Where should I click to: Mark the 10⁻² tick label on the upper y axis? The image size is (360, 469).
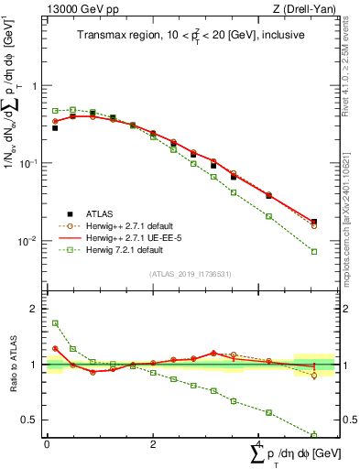27,242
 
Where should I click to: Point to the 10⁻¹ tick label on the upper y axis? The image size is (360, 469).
27,163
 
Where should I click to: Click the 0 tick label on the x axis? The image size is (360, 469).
47,445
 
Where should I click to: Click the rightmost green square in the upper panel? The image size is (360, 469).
314,251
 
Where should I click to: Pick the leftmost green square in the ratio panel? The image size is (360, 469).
55,323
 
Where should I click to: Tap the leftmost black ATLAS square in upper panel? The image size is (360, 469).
55,128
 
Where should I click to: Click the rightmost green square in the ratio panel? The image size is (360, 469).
314,435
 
